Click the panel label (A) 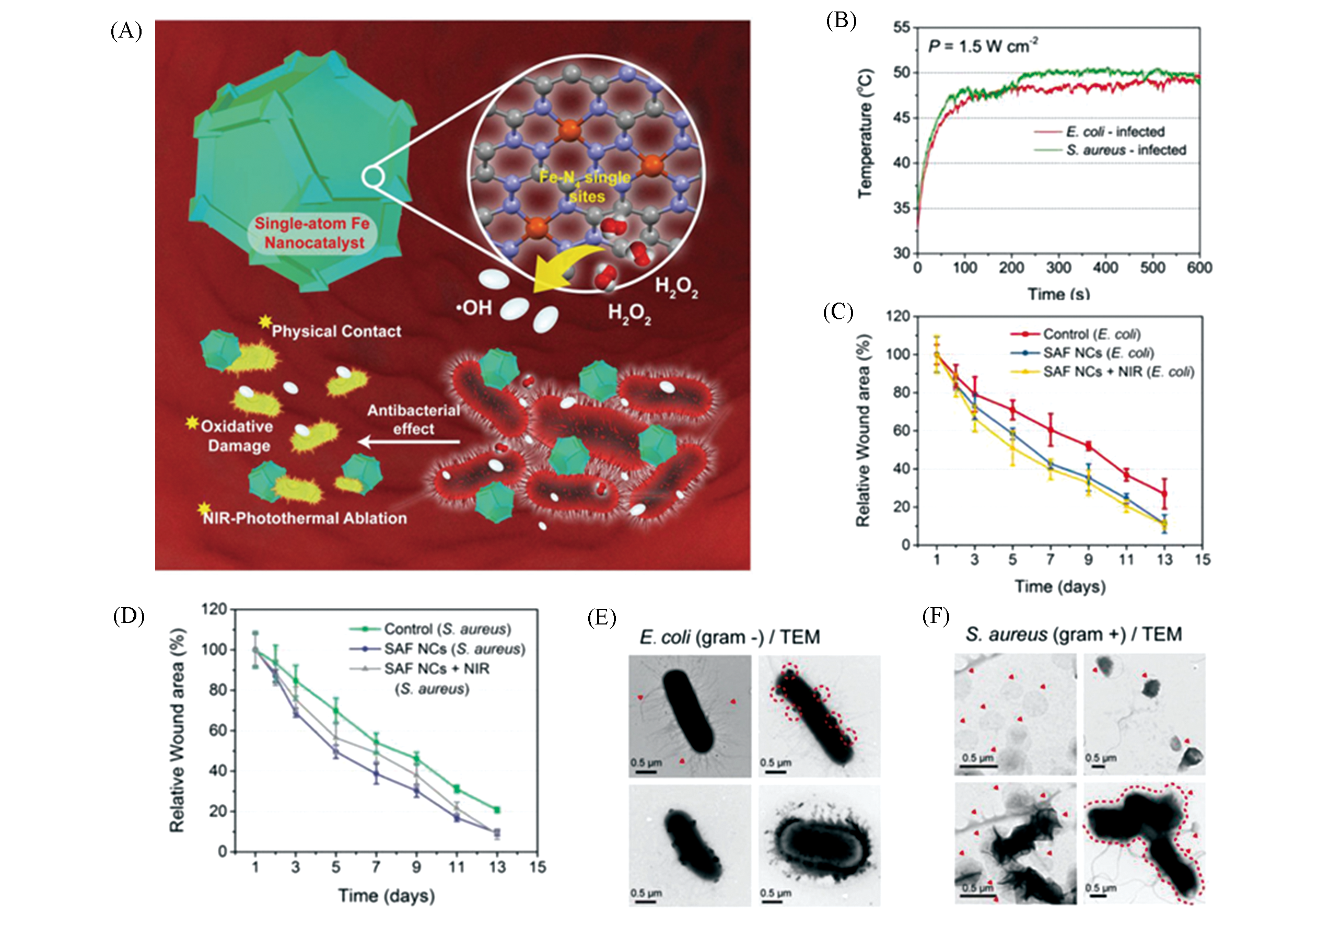tap(126, 30)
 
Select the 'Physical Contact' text tap(336, 331)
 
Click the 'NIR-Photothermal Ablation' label tap(305, 518)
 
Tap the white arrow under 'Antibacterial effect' tap(410, 442)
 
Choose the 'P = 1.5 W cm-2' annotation tap(983, 46)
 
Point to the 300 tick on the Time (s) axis tap(1058, 268)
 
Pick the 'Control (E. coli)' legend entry tap(1091, 334)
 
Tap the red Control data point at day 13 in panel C tap(1164, 493)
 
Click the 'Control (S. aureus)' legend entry tap(447, 629)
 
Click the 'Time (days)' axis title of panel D tap(387, 895)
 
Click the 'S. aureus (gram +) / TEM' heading tap(1074, 634)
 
